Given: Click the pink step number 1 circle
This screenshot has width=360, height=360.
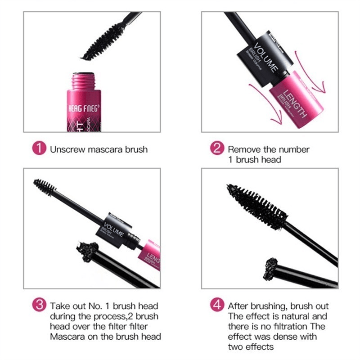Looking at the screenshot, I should [40, 148].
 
